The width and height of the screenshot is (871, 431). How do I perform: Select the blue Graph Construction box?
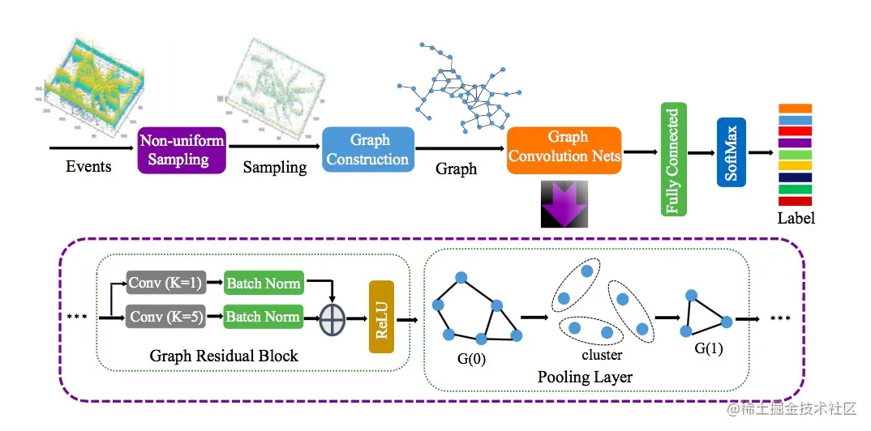click(367, 149)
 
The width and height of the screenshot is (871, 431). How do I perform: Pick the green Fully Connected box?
click(672, 160)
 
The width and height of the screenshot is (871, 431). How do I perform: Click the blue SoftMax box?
click(731, 151)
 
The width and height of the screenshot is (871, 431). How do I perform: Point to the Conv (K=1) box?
click(166, 283)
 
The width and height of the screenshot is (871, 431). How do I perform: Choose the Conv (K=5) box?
click(166, 316)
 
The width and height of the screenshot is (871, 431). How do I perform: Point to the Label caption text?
click(796, 218)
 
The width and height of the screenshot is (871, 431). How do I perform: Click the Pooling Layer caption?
click(585, 377)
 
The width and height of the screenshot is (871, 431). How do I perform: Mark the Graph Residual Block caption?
click(224, 356)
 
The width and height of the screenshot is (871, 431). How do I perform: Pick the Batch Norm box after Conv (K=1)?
click(263, 283)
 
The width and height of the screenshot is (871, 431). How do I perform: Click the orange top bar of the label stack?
click(795, 108)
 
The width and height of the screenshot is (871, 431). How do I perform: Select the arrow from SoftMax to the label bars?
click(761, 152)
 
